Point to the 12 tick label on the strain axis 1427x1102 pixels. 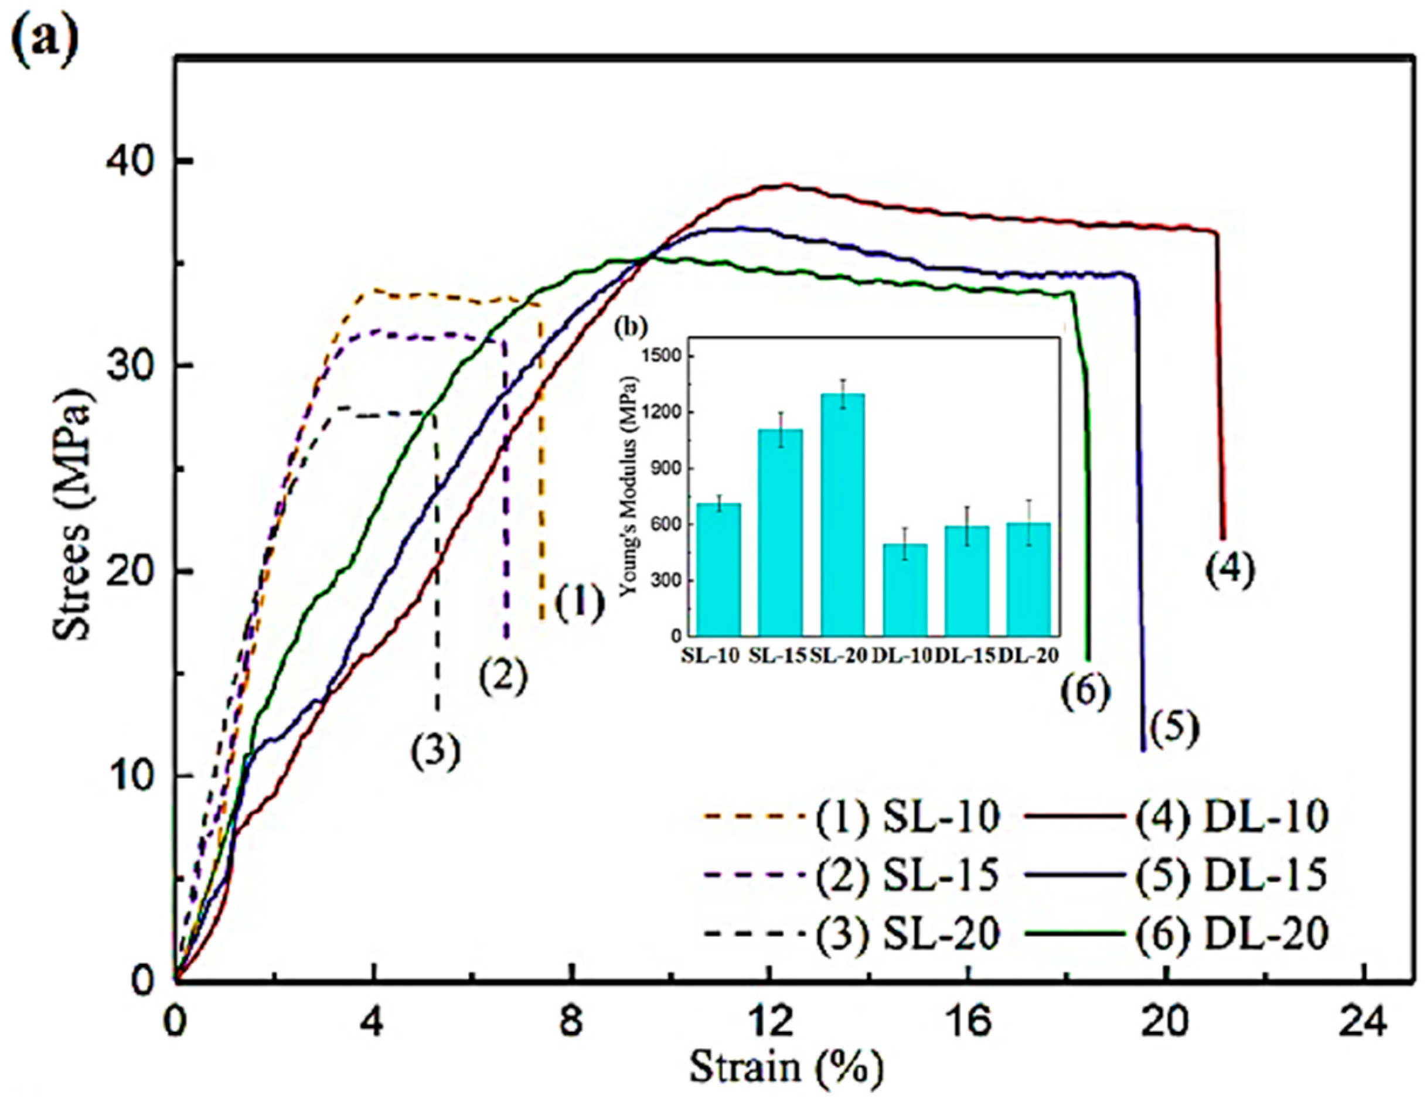pyautogui.click(x=769, y=1023)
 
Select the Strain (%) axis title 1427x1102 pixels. pyautogui.click(x=786, y=1068)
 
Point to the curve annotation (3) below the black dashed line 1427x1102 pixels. pyautogui.click(x=436, y=752)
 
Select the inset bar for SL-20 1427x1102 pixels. pyautogui.click(x=843, y=514)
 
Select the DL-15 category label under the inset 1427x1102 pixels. pyautogui.click(x=966, y=656)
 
